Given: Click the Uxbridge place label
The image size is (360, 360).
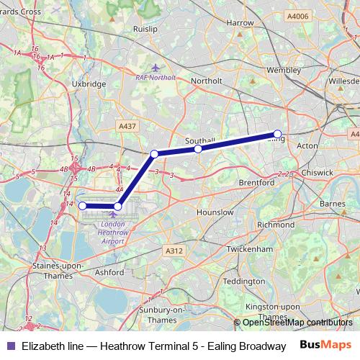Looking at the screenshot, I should [89, 84].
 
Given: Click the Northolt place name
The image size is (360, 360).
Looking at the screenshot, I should [207, 81].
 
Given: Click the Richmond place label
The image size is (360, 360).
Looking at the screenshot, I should [275, 225].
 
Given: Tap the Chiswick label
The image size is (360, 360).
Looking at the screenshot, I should [318, 173].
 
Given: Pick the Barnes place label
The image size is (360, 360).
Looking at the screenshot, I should [333, 204].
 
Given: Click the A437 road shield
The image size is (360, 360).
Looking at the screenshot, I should [127, 126].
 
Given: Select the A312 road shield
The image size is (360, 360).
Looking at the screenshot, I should [173, 251].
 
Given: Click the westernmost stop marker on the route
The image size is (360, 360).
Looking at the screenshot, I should [82, 206].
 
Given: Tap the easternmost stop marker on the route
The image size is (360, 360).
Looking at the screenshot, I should [277, 134].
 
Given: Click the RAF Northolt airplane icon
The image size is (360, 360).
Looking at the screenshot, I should [156, 68].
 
